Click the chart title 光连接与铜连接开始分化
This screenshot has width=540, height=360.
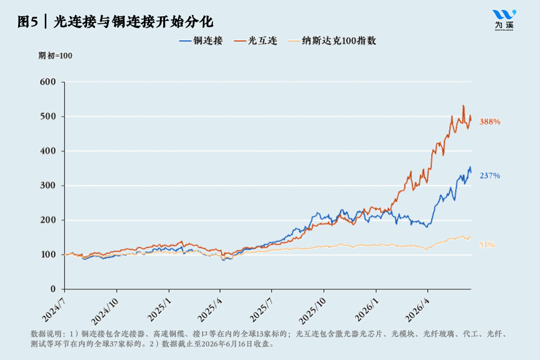133,22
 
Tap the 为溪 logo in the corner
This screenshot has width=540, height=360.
504,20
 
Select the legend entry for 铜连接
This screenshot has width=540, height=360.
201,41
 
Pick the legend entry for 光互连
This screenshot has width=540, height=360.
256,41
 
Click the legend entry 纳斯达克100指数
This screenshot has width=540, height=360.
332,41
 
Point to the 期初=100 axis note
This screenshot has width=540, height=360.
55,56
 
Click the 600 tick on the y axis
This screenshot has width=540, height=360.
47,82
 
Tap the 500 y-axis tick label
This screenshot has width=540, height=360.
47,116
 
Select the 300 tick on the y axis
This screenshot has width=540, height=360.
47,186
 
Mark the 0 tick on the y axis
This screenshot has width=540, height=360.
52,289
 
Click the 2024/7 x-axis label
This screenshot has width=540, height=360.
53,310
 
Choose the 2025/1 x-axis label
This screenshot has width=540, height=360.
158,310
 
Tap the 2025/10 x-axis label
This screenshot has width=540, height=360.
312,311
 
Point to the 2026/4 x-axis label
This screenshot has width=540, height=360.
417,310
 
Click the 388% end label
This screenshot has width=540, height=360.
490,122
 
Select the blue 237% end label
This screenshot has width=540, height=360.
490,176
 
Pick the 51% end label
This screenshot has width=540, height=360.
487,244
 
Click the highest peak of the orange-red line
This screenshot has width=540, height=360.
463,106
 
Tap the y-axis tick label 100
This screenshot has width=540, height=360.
47,254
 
